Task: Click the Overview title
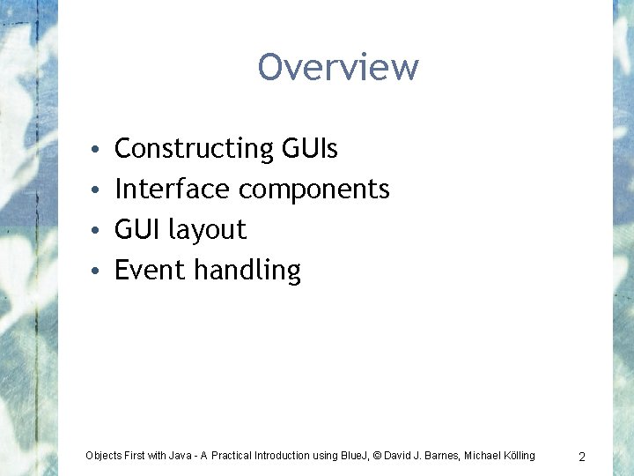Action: [x=338, y=67]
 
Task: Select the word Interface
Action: [x=172, y=190]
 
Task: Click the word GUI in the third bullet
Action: [x=137, y=230]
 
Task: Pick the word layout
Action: [x=207, y=231]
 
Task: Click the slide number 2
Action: [x=582, y=457]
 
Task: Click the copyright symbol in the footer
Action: [x=378, y=456]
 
